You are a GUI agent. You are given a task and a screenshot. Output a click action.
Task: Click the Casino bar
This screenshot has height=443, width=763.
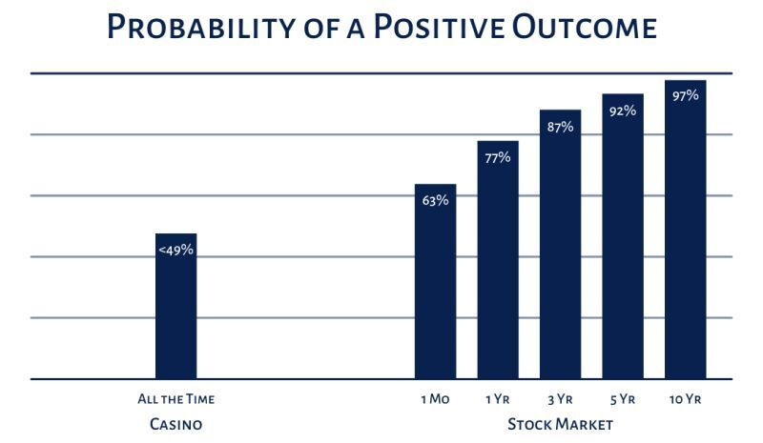click(176, 314)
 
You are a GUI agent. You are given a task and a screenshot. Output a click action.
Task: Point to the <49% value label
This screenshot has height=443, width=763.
click(176, 250)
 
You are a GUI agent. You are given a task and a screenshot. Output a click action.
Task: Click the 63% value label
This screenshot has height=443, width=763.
click(435, 200)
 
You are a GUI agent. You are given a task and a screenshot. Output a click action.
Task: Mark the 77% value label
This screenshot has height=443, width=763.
click(498, 157)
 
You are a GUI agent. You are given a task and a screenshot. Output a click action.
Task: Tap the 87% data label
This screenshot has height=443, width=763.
click(560, 127)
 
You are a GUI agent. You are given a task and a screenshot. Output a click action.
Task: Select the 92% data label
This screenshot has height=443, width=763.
click(623, 111)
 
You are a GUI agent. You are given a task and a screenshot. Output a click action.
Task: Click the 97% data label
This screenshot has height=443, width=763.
click(685, 95)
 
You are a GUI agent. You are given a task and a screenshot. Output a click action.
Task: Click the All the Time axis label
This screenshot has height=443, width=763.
click(176, 400)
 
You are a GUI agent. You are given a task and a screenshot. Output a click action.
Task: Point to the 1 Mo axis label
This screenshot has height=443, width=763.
click(435, 400)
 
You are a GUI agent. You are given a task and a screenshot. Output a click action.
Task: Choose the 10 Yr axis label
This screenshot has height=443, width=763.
click(685, 400)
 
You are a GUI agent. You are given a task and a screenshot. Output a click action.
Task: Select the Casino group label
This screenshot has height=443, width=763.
click(176, 424)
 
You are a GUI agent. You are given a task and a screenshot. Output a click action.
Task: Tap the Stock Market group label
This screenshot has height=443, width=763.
click(560, 424)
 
